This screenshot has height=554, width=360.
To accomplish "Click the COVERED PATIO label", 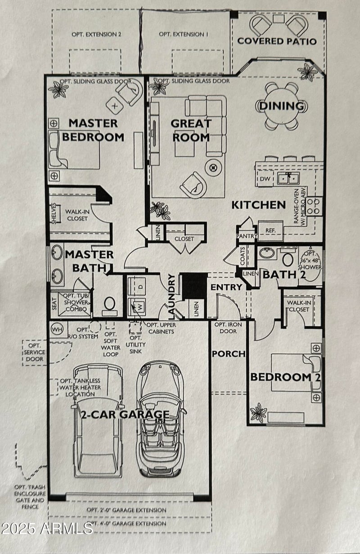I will (277, 41).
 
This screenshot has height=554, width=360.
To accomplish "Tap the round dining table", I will (282, 106).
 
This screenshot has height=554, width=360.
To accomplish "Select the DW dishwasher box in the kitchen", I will (264, 179).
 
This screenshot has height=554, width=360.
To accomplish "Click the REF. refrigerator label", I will (270, 230).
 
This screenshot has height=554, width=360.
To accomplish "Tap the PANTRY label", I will (247, 236).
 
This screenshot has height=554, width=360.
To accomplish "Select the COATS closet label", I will (243, 255).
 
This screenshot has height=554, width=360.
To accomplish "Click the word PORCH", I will (229, 354).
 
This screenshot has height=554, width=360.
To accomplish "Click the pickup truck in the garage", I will (97, 420).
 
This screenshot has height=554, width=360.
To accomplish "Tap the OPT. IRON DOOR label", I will (228, 328).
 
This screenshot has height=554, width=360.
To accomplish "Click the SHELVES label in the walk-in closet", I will (54, 212).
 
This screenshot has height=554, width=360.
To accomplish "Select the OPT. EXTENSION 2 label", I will (93, 34).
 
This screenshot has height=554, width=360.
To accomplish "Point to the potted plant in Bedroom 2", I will (258, 412).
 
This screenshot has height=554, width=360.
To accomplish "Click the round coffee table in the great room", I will (213, 168).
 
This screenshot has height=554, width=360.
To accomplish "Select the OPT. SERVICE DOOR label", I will (34, 352).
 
